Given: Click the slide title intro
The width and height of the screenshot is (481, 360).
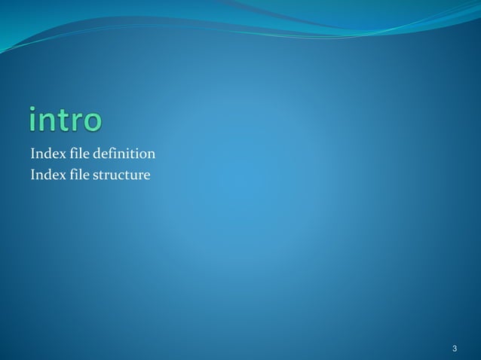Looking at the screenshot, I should point(65,121).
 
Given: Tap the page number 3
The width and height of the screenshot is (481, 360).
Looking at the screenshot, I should point(455,348).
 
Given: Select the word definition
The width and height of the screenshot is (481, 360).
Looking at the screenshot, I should point(125,154).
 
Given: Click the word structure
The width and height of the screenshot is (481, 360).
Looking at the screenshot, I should point(123,176).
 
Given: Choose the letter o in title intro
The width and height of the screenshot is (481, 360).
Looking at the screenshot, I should point(92,123).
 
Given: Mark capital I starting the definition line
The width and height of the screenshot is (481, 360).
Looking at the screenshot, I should point(33,154).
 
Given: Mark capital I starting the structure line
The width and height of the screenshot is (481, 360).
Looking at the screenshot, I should point(33,176).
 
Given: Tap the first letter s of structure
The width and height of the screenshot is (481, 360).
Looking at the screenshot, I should point(96,177).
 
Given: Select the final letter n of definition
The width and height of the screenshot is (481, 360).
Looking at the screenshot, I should point(152,155).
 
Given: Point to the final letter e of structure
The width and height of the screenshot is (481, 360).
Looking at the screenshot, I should point(147,177).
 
